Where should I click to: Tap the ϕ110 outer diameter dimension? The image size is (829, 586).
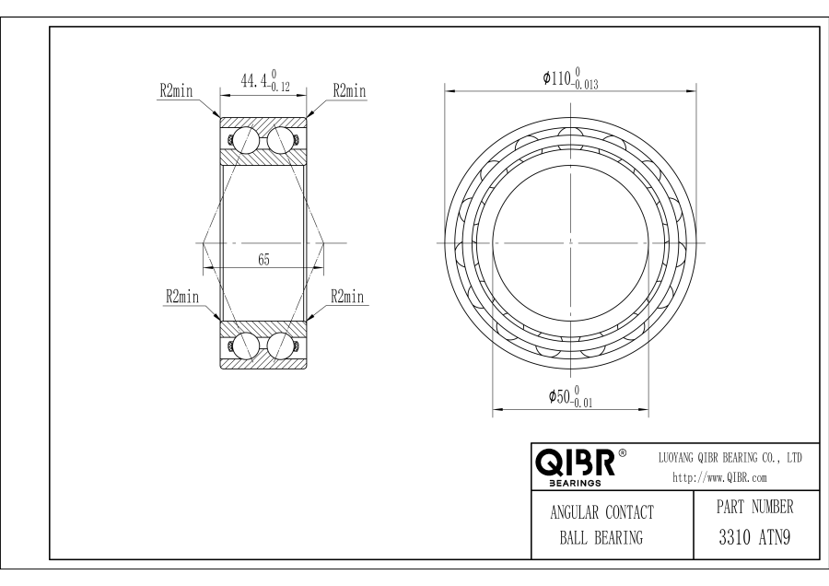[x=570, y=78]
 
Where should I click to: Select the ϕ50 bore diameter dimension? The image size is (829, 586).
[x=570, y=397]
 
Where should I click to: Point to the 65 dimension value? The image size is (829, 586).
[x=263, y=260]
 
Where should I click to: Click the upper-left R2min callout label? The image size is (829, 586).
[x=177, y=91]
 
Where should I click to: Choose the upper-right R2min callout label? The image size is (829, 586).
[x=349, y=90]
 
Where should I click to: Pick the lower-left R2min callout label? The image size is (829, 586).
[x=182, y=296]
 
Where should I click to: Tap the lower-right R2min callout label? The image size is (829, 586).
[x=348, y=296]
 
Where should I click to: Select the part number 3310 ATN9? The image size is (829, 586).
[x=754, y=538]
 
